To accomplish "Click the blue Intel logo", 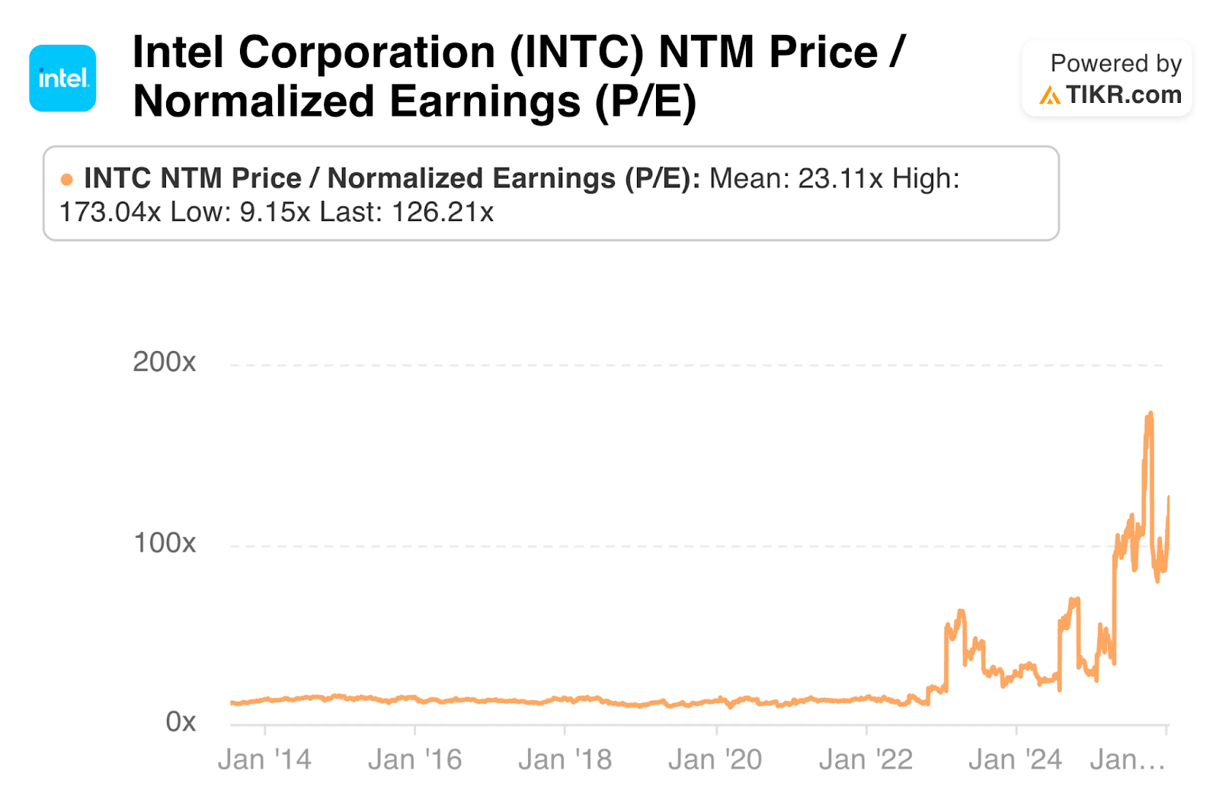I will [x=62, y=78].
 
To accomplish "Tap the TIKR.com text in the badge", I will [x=1123, y=94].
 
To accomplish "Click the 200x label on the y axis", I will [x=164, y=362].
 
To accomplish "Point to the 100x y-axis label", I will [x=164, y=543].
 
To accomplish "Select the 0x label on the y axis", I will [x=181, y=721].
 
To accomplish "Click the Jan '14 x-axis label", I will [x=264, y=759].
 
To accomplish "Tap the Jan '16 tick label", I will [x=414, y=759].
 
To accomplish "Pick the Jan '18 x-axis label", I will [x=565, y=759].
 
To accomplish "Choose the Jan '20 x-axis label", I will [x=715, y=759].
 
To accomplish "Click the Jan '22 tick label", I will [x=865, y=759].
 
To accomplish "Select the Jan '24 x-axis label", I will [x=1015, y=759].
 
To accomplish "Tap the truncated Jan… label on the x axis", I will [x=1128, y=759].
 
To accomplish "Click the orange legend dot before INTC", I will [x=67, y=180].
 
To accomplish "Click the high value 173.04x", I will [x=110, y=213].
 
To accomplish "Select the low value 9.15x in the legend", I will [x=275, y=213].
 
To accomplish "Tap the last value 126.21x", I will [x=443, y=213].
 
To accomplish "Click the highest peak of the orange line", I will [x=1150, y=414].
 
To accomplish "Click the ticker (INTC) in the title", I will [x=577, y=53].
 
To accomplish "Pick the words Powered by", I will [x=1115, y=63].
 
